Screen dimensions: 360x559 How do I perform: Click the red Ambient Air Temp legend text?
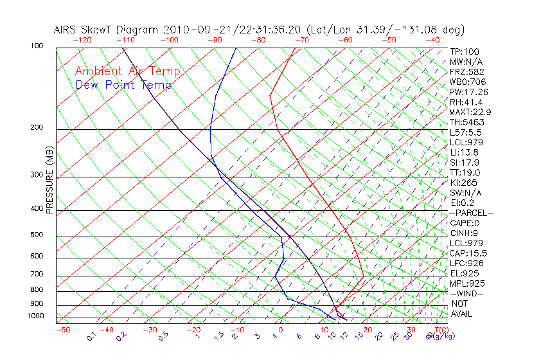pyautogui.click(x=127, y=72)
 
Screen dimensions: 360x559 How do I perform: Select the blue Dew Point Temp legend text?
pyautogui.click(x=123, y=85)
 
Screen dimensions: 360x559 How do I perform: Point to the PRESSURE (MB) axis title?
pyautogui.click(x=49, y=181)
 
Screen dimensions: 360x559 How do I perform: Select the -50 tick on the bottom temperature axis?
pyautogui.click(x=63, y=330)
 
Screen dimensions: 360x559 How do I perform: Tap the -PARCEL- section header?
pyautogui.click(x=472, y=213)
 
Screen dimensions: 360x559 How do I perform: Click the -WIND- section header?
pyautogui.click(x=467, y=293)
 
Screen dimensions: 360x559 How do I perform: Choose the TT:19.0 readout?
pyautogui.click(x=465, y=173)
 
